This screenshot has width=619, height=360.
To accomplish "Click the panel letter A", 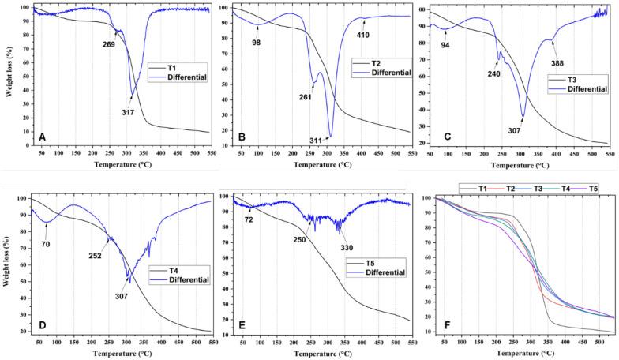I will (42, 137).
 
